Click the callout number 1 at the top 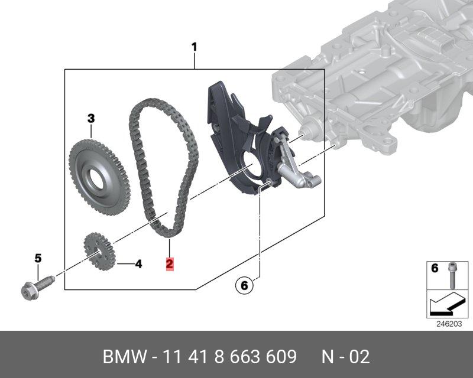tap(195, 47)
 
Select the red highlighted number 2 tap(170, 264)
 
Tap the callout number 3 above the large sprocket tap(91, 119)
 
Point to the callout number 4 tap(138, 264)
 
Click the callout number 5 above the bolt tap(38, 258)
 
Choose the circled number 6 tap(243, 286)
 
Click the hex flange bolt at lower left tap(34, 288)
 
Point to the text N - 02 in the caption tap(346, 357)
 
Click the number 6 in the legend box tap(435, 269)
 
